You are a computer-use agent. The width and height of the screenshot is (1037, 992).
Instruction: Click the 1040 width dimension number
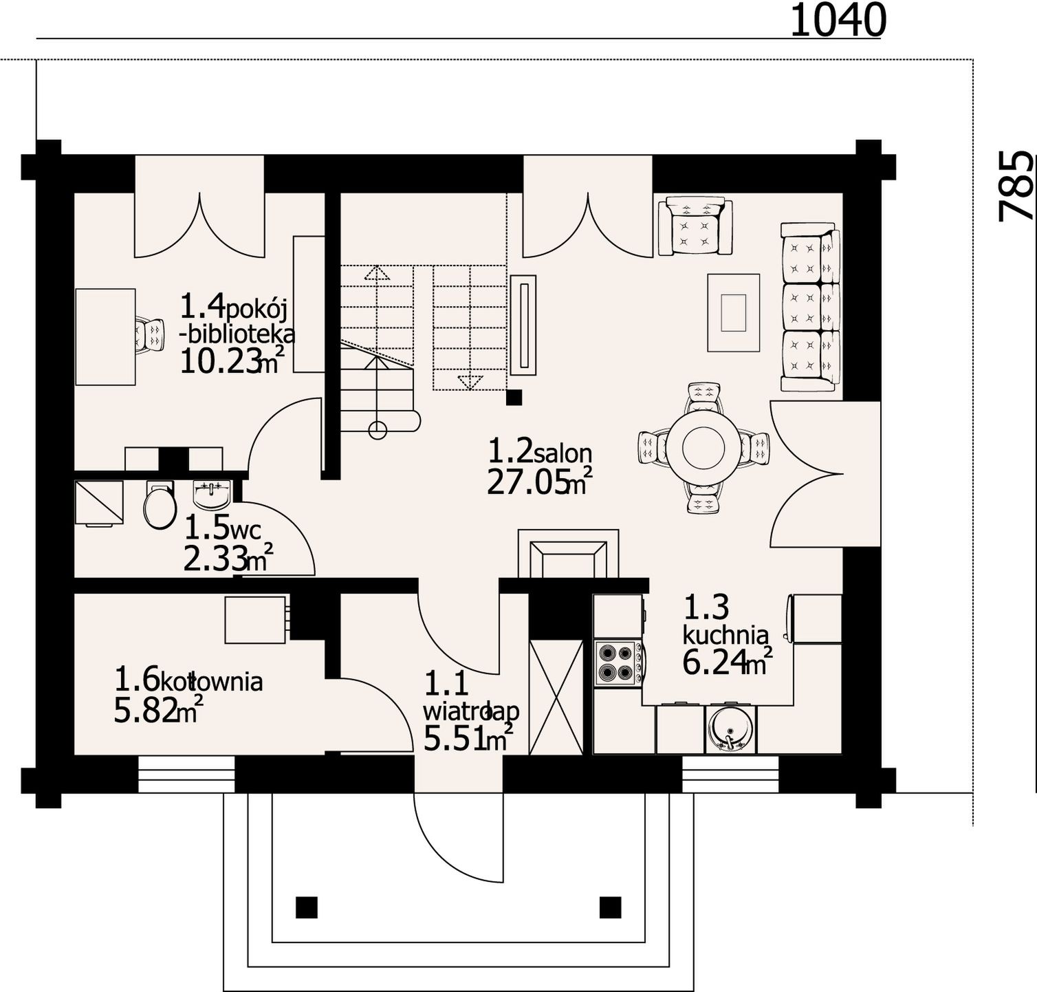838,20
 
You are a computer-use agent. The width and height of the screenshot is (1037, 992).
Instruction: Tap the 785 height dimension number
1016,186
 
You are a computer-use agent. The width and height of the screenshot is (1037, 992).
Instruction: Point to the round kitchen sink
730,729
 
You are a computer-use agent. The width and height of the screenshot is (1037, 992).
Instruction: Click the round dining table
703,448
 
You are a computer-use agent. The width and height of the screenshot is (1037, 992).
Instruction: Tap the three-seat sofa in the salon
810,307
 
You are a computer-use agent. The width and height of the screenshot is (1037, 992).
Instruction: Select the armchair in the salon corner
695,226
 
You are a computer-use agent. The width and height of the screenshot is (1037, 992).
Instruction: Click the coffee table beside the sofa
734,313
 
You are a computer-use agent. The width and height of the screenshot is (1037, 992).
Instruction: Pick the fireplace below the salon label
568,553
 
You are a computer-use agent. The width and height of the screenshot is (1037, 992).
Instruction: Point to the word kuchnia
725,633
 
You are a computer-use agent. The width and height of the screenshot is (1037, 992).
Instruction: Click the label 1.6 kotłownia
188,680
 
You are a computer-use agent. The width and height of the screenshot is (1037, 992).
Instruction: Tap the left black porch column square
307,907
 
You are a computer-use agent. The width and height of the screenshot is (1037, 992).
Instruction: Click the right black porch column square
610,907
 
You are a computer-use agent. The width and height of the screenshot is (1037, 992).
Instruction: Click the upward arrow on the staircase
376,272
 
